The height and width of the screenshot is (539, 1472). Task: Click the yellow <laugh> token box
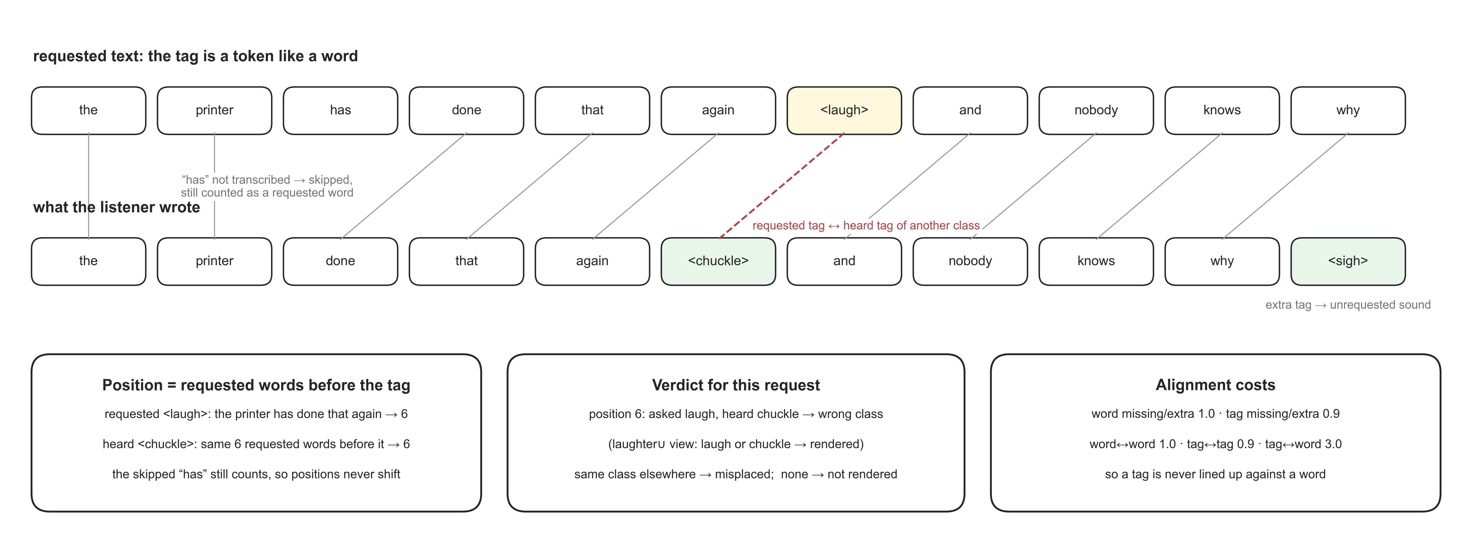pyautogui.click(x=844, y=110)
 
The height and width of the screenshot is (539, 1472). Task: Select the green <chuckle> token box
pyautogui.click(x=718, y=261)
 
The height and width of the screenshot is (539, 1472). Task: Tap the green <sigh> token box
pyautogui.click(x=1348, y=261)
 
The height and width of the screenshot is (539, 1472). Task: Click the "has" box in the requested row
pyautogui.click(x=341, y=110)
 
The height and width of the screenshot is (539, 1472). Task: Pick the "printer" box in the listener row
pyautogui.click(x=214, y=261)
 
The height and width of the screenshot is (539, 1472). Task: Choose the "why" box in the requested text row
pyautogui.click(x=1348, y=110)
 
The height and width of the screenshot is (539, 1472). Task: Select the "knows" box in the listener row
pyautogui.click(x=1096, y=261)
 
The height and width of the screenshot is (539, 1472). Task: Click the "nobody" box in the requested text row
pyautogui.click(x=1096, y=110)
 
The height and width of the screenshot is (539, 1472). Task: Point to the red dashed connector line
pyautogui.click(x=782, y=186)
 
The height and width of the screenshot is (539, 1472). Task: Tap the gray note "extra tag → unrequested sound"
pyautogui.click(x=1348, y=305)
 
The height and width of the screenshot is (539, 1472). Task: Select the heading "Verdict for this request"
pyautogui.click(x=736, y=385)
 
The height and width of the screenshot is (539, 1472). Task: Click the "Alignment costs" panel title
pyautogui.click(x=1216, y=385)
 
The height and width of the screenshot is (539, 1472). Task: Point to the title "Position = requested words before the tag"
pyautogui.click(x=256, y=385)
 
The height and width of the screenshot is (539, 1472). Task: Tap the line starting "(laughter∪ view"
pyautogui.click(x=736, y=444)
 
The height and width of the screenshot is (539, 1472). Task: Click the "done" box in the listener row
pyautogui.click(x=341, y=261)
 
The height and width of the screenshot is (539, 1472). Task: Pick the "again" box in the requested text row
pyautogui.click(x=718, y=110)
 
